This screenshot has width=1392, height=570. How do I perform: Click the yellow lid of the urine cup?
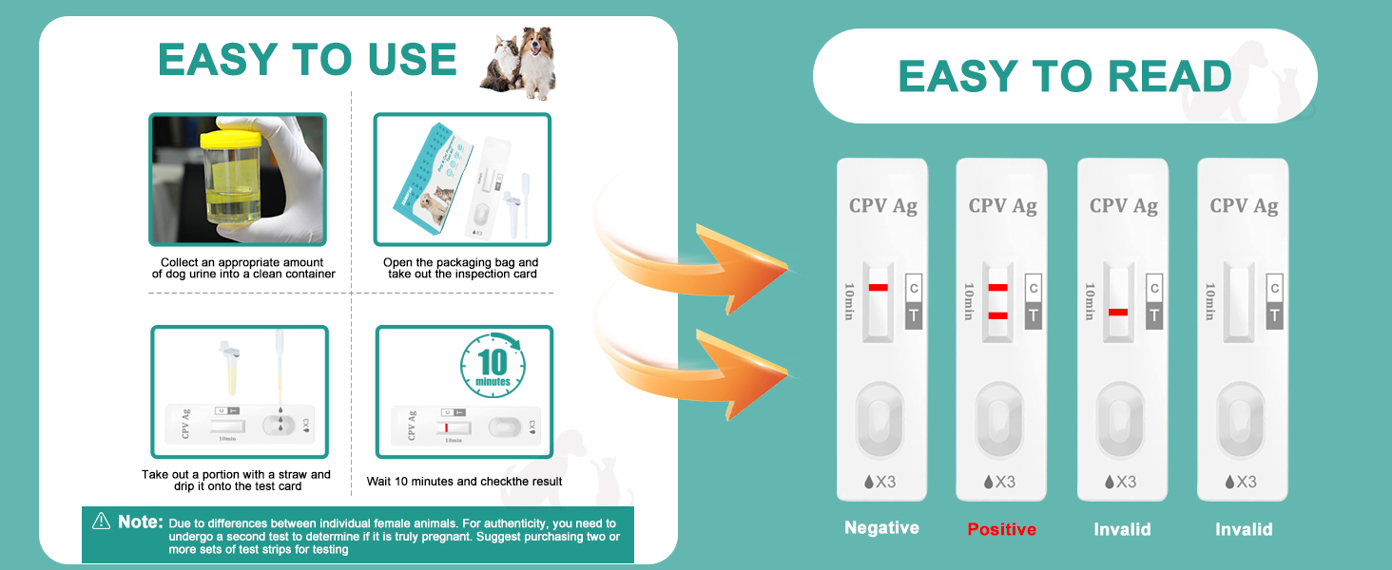click(231, 139)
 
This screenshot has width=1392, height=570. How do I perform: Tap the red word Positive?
click(1002, 529)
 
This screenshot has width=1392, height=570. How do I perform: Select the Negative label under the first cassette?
click(881, 528)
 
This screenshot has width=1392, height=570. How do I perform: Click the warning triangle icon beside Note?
click(102, 521)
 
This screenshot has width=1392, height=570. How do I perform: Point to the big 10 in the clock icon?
click(493, 361)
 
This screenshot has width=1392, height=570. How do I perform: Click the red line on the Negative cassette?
click(878, 288)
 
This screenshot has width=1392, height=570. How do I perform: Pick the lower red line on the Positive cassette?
click(997, 316)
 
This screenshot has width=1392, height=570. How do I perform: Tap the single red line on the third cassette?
click(1118, 313)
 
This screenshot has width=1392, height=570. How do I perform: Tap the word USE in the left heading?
click(412, 60)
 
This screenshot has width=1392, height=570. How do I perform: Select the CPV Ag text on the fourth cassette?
click(1244, 205)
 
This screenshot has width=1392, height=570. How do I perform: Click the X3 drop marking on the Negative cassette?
click(880, 482)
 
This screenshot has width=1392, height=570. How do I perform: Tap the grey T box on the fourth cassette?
click(1274, 315)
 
